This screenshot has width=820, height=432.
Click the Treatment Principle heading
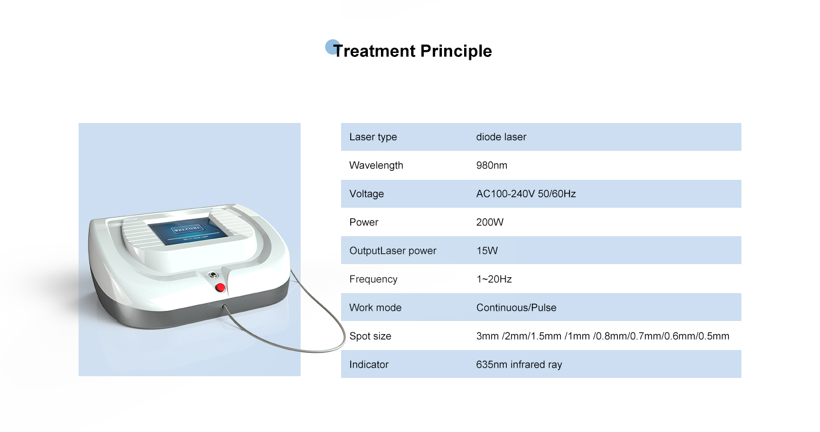(412, 51)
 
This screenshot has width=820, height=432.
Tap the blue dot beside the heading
(331, 47)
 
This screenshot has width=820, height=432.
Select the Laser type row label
(373, 137)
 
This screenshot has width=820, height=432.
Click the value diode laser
(501, 137)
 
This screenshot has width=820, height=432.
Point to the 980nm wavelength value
(491, 165)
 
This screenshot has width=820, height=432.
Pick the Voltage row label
(367, 194)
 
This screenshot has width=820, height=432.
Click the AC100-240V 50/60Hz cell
(526, 194)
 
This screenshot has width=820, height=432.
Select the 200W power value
(490, 222)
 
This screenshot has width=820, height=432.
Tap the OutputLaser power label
(393, 250)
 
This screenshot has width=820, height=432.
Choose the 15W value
(487, 250)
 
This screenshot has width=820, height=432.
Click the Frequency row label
(374, 279)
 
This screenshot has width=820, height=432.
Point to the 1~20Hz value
(494, 279)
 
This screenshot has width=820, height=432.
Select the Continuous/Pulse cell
(516, 307)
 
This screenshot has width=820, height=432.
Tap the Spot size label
(370, 336)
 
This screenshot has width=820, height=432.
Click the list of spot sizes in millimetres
(602, 336)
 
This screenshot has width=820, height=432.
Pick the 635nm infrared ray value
(519, 365)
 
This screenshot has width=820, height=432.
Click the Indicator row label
(368, 365)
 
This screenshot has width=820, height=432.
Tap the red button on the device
(220, 287)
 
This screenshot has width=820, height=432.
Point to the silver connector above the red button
(213, 275)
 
